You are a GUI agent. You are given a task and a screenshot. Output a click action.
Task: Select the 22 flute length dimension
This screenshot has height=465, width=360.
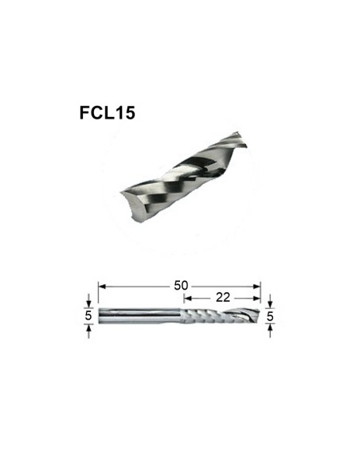[222, 296]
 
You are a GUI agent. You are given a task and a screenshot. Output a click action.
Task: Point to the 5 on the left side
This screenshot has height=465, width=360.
[88, 315]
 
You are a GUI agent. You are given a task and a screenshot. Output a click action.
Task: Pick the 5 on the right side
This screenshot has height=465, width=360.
[271, 315]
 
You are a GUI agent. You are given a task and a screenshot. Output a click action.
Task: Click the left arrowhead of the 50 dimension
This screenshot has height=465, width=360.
[102, 284]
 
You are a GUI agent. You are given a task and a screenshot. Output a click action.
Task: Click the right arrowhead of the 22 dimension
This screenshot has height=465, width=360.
[257, 296]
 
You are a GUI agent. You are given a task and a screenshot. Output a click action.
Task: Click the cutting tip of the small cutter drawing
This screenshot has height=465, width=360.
[253, 315]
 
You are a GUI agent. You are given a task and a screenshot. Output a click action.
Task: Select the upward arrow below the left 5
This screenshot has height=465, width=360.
[88, 329]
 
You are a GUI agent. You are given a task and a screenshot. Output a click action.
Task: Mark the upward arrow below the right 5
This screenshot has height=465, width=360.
[271, 329]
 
